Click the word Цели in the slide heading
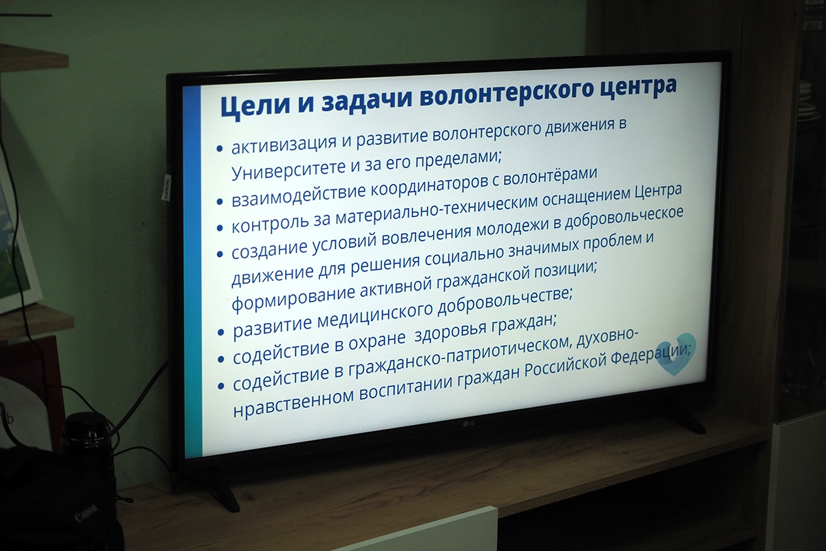[254, 105]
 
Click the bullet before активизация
[220, 149]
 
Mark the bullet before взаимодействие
[220, 202]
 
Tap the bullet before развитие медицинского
[221, 333]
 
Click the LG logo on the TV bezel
[468, 424]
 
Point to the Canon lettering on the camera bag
[86, 513]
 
